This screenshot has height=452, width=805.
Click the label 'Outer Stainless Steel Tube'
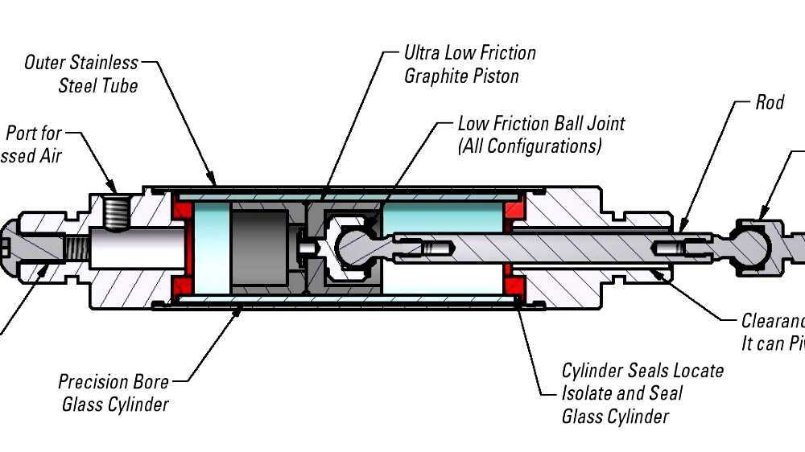pos(81,73)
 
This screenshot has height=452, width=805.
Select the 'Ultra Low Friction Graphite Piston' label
pos(469,64)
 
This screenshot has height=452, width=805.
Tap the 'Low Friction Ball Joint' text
pos(541,124)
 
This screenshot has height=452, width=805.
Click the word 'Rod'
pos(769,102)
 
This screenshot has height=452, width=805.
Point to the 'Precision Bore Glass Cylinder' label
pos(115,392)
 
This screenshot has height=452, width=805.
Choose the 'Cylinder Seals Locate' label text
pos(642,371)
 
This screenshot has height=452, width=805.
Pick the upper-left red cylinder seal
pos(183,212)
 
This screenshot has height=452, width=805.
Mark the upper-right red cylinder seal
pos(513,212)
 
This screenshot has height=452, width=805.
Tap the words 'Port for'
pos(34,134)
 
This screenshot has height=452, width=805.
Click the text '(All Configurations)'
pos(529,146)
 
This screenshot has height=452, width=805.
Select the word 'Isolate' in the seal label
pos(594,393)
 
